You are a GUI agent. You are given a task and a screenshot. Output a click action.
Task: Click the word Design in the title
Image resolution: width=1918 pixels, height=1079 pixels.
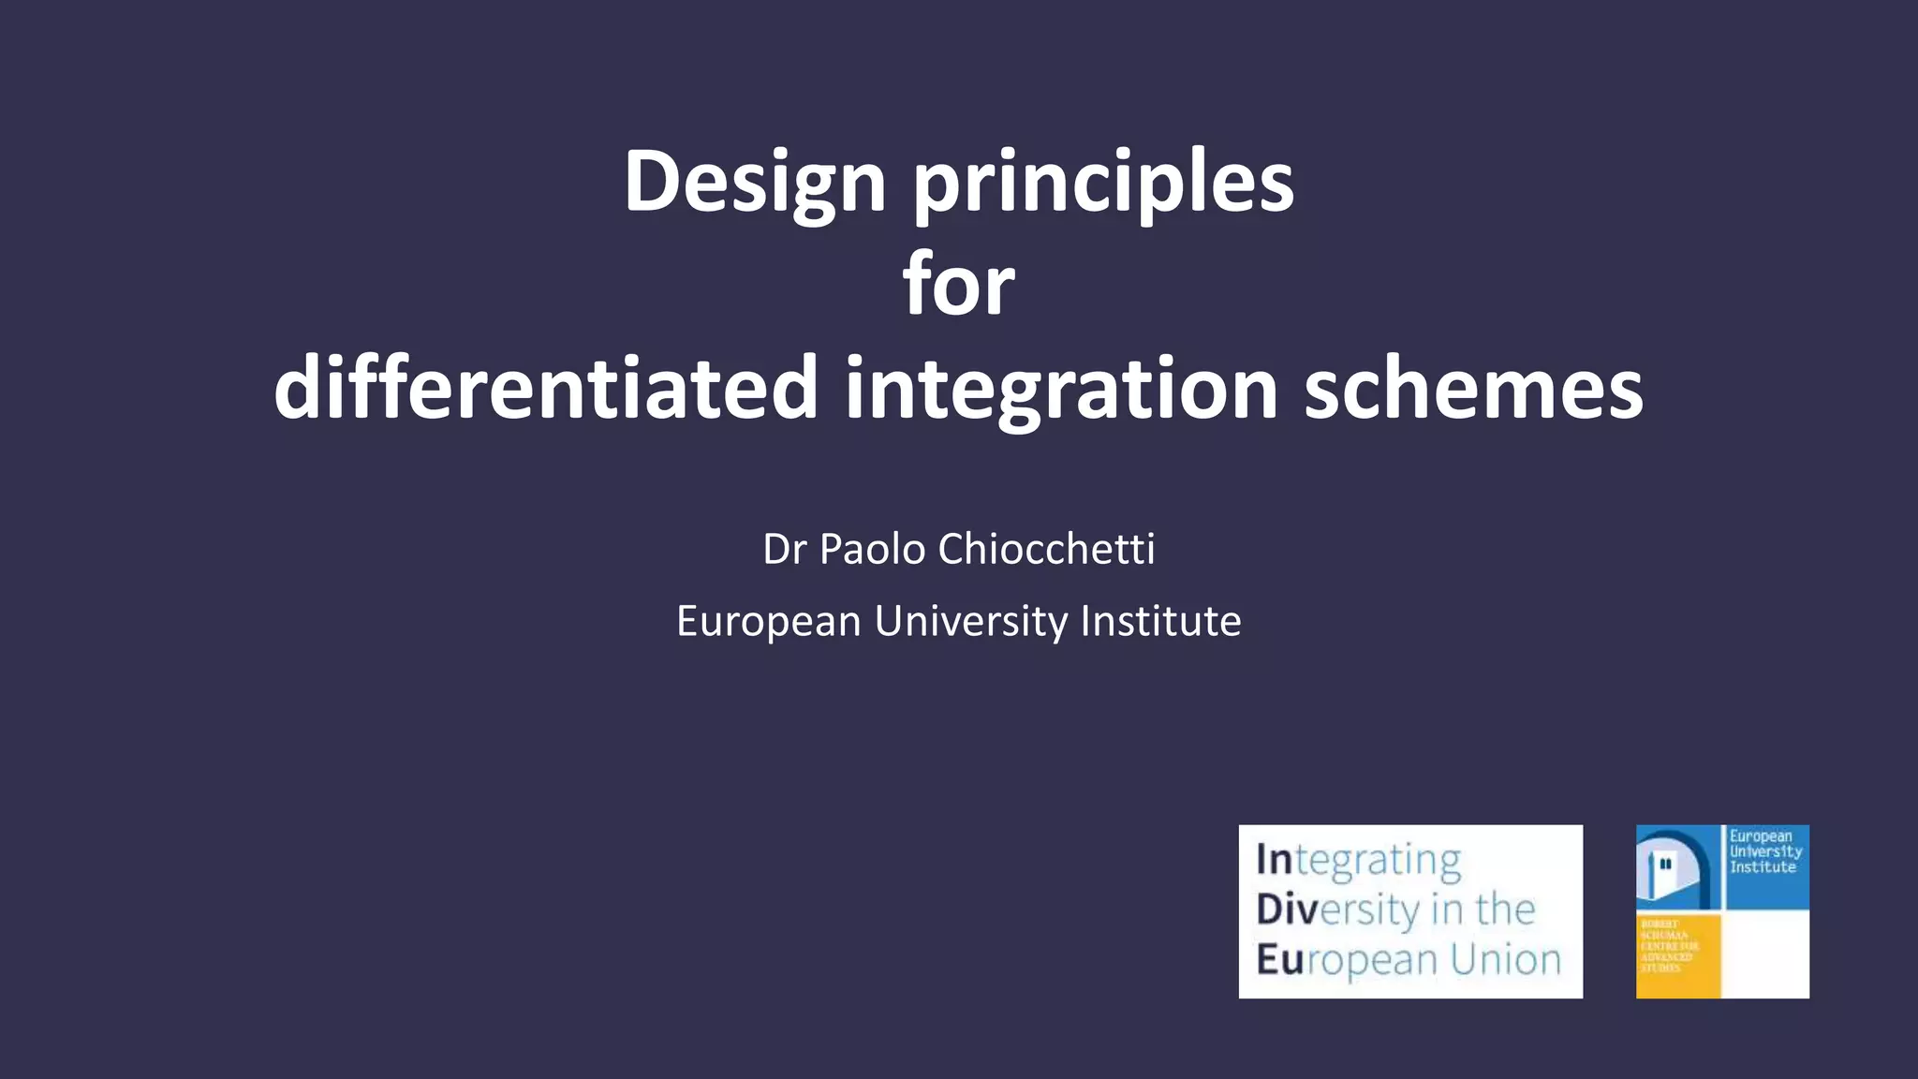pos(755,183)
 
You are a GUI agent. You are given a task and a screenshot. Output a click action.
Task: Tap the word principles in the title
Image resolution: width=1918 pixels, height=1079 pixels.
pos(1104,183)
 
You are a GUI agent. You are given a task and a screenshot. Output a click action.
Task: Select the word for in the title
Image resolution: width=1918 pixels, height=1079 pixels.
pos(959,285)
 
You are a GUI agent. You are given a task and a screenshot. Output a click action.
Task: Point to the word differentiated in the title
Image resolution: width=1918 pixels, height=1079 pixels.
pos(546,389)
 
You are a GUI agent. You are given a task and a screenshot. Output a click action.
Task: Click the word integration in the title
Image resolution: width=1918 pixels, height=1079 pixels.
pos(1061,389)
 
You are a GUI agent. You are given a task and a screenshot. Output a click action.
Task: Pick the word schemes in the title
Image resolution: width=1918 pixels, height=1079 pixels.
pos(1473,389)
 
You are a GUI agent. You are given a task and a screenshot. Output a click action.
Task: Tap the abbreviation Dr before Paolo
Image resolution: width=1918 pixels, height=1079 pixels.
pos(784,549)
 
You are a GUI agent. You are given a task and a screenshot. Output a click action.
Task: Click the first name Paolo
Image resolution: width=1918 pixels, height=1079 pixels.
pos(873,549)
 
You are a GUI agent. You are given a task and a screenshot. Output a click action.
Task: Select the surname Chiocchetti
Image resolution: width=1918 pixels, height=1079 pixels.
pos(1046,549)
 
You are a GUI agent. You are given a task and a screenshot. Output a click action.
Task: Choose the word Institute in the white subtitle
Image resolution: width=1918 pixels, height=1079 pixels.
pos(1160,622)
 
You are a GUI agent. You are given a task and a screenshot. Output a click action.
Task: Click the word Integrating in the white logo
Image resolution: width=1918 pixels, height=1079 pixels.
pos(1358,861)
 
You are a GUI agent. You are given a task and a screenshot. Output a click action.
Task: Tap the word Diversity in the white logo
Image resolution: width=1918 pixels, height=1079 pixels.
pos(1338,910)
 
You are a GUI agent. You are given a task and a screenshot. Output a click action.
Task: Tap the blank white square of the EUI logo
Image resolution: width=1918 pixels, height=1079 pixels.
pos(1766,955)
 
